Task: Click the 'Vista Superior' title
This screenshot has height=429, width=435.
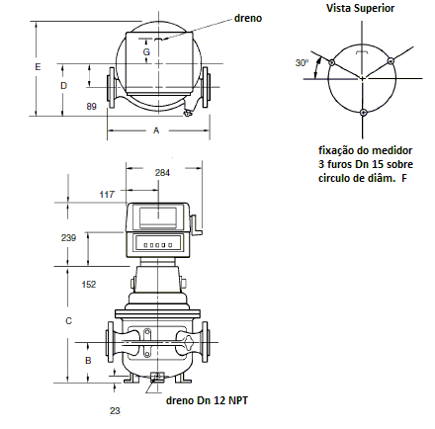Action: [360, 8]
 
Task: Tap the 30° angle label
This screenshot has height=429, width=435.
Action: [302, 62]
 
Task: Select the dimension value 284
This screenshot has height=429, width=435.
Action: [162, 173]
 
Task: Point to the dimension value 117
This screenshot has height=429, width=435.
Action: [107, 195]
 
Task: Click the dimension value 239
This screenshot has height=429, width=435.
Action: [68, 237]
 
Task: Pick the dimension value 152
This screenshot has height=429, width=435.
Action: [89, 284]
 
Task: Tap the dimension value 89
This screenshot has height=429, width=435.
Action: [92, 107]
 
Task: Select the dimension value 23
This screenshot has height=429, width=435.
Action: [115, 411]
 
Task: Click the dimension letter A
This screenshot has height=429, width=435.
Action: [156, 130]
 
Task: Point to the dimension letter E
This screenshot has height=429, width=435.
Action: [38, 67]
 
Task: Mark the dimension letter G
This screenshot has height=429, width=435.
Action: [146, 51]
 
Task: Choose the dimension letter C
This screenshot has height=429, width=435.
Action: [68, 320]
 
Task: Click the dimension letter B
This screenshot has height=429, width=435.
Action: [88, 361]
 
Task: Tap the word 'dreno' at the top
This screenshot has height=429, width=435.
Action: [248, 18]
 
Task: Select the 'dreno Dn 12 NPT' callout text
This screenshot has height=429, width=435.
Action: [207, 400]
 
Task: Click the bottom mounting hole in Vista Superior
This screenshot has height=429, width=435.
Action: [363, 113]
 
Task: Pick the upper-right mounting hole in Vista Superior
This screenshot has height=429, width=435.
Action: [391, 61]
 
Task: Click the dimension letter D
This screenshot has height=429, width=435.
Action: [63, 86]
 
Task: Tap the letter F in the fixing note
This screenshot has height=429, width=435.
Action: [404, 178]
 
